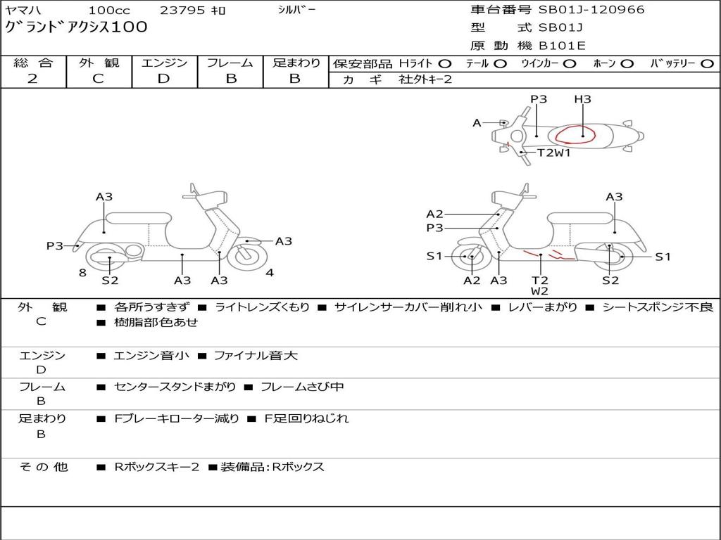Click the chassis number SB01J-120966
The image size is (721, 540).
click(591, 10)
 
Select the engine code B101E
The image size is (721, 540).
click(562, 46)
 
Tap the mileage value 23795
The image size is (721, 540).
click(180, 11)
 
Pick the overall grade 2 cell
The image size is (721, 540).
click(32, 79)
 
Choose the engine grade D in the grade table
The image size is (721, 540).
click(164, 79)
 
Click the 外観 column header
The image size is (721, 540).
click(99, 63)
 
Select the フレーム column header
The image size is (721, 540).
click(230, 63)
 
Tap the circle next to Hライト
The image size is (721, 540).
click(445, 63)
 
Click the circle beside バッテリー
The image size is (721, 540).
click(708, 63)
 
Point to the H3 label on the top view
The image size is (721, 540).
click(582, 100)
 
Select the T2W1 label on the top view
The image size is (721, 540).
click(554, 153)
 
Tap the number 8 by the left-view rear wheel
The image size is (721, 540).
click(82, 272)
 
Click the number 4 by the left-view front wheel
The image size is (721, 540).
click(270, 273)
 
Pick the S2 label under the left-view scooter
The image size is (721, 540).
click(110, 281)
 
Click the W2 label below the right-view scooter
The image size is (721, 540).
click(540, 291)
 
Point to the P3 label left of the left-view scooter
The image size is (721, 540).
click(55, 246)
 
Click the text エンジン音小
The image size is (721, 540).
click(151, 356)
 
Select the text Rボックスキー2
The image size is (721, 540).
click(157, 467)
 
